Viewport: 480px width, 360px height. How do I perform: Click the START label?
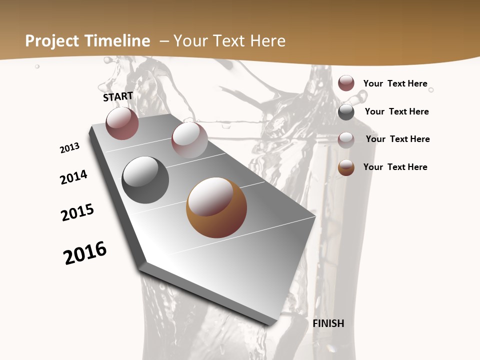pyautogui.click(x=118, y=96)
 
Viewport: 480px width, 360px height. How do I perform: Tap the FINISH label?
pyautogui.click(x=328, y=323)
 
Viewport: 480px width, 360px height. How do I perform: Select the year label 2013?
pyautogui.click(x=70, y=148)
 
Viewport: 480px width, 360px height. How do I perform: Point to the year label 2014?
pyautogui.click(x=73, y=177)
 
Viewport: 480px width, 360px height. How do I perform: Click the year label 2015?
pyautogui.click(x=77, y=212)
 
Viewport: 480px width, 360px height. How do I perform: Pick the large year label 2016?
pyautogui.click(x=85, y=253)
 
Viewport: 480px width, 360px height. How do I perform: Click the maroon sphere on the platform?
pyautogui.click(x=122, y=123)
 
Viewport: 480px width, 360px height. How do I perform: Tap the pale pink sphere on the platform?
pyautogui.click(x=189, y=140)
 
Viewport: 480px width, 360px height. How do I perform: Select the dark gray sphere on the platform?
pyautogui.click(x=145, y=180)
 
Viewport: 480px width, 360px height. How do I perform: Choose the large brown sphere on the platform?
pyautogui.click(x=216, y=207)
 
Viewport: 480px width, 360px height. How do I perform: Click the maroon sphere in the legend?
pyautogui.click(x=346, y=83)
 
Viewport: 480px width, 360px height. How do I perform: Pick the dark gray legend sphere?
pyautogui.click(x=346, y=112)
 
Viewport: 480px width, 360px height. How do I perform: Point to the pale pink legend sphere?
pyautogui.click(x=346, y=140)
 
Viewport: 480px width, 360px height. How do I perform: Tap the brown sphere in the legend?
pyautogui.click(x=346, y=167)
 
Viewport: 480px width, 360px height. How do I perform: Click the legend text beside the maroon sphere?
pyautogui.click(x=395, y=83)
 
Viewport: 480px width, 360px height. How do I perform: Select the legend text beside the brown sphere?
pyautogui.click(x=395, y=167)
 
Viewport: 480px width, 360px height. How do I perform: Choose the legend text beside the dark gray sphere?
pyautogui.click(x=396, y=111)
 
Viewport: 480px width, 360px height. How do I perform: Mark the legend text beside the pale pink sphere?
pyautogui.click(x=397, y=139)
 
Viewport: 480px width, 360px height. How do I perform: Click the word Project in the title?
pyautogui.click(x=52, y=41)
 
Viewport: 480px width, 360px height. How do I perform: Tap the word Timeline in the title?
pyautogui.click(x=118, y=41)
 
